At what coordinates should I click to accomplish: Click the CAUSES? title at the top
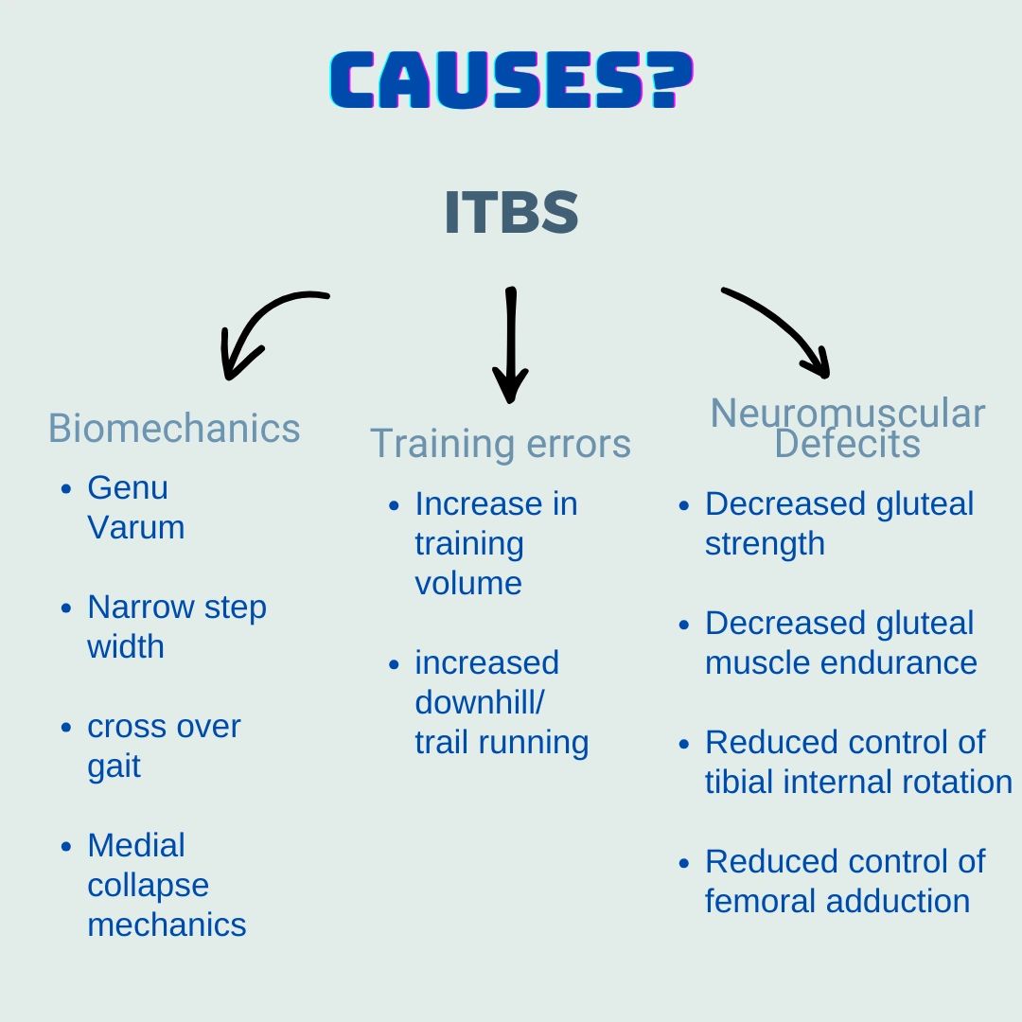(512, 79)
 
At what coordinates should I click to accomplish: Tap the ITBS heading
(511, 212)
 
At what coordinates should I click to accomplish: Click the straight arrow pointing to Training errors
(510, 344)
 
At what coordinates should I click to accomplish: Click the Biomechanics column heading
(174, 429)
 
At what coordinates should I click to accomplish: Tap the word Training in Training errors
(443, 445)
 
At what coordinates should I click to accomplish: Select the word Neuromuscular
(847, 414)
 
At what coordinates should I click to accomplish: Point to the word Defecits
(847, 444)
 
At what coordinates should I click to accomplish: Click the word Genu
(128, 487)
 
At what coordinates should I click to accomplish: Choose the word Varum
(135, 527)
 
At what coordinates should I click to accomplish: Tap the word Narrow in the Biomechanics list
(140, 607)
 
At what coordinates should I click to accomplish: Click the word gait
(115, 766)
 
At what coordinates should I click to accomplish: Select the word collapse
(148, 886)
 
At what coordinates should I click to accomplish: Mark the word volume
(468, 583)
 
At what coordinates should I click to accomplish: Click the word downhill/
(479, 702)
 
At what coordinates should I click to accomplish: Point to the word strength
(765, 544)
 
